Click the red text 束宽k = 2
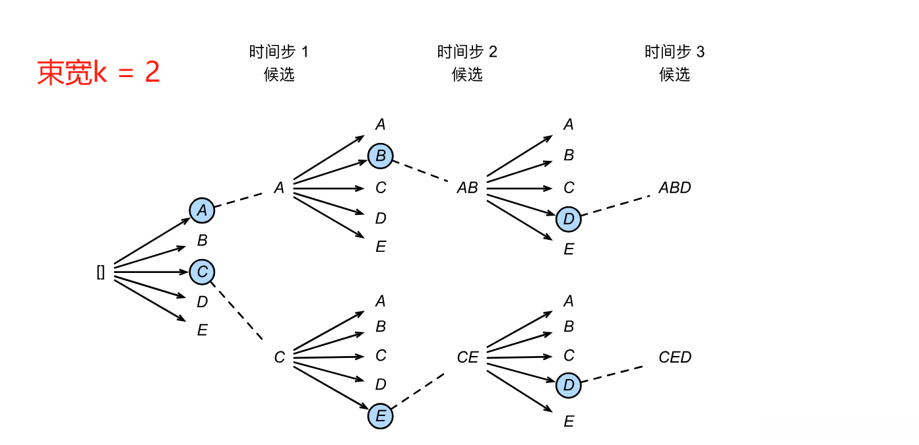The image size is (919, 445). [98, 73]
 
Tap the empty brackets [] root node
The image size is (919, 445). [101, 272]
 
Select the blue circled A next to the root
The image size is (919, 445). [203, 210]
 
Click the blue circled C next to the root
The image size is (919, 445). [203, 271]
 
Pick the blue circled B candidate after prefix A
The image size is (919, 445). [381, 156]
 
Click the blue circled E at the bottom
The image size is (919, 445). [381, 416]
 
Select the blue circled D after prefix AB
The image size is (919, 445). [569, 219]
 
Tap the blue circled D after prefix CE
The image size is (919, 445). [569, 385]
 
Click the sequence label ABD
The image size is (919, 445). [674, 188]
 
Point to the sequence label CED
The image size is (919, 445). [674, 357]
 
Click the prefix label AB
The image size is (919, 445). [467, 188]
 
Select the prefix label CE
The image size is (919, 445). [467, 357]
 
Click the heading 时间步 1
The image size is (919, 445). [278, 52]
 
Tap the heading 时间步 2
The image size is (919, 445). [467, 52]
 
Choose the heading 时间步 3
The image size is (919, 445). [674, 52]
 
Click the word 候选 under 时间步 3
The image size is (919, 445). [674, 74]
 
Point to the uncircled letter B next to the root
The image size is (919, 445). [203, 241]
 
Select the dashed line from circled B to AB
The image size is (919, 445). [422, 171]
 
